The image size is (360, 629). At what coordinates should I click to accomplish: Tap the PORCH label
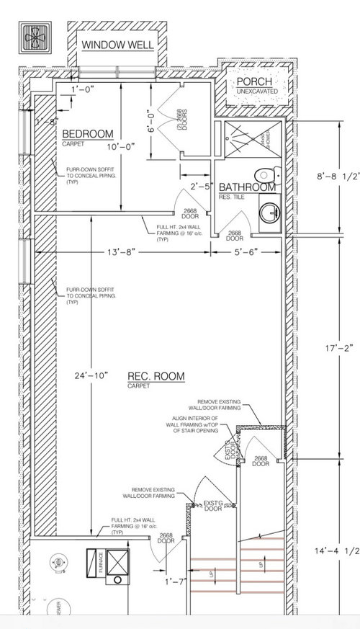pos(255,82)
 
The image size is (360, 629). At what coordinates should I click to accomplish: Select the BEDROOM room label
pos(87,135)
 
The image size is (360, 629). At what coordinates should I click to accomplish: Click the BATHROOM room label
pos(247,187)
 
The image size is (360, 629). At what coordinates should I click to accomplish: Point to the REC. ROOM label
pos(156,376)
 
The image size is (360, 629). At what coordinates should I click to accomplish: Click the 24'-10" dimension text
pos(90,375)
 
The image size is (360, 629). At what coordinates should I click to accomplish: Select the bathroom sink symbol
pos(271,213)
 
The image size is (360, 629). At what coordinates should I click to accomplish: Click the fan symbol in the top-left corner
pos(35,36)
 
